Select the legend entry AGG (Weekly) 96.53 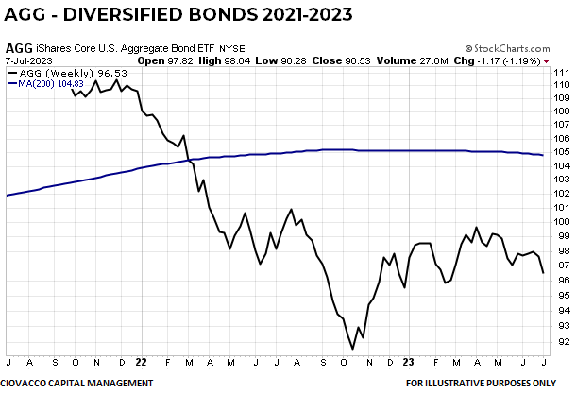(59, 72)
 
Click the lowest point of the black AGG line (352, 349)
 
